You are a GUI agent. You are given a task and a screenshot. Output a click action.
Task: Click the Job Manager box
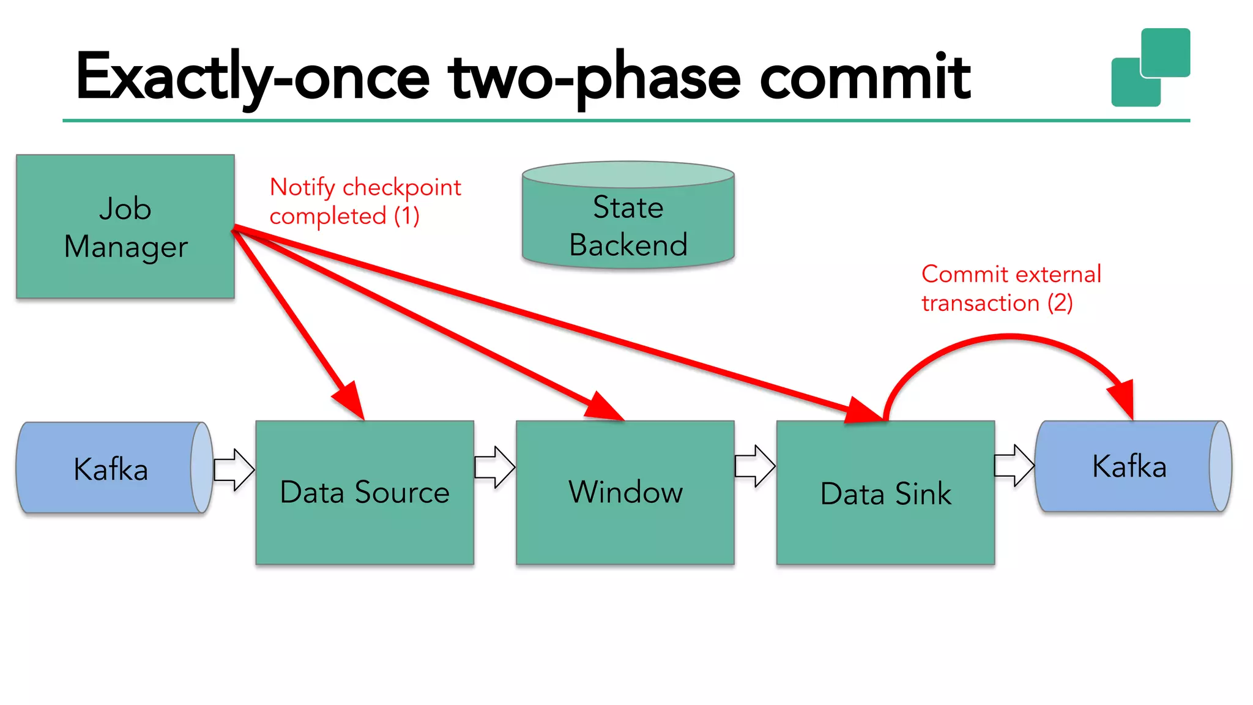[125, 226]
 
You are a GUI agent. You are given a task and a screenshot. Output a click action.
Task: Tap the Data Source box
[365, 492]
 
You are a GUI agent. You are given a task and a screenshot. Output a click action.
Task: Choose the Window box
[625, 492]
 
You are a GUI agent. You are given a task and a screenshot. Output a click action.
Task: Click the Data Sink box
[885, 493]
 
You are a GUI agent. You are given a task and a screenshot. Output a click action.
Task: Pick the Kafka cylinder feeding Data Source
[110, 469]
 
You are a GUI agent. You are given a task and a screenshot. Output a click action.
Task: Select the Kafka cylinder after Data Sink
[1129, 466]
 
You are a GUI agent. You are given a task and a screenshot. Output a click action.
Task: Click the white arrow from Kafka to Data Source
[234, 469]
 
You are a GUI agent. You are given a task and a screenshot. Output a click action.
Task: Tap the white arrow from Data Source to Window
[495, 467]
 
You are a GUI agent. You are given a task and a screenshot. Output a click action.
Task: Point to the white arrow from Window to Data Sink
[756, 466]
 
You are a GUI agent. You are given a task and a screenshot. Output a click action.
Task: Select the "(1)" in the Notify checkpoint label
[406, 216]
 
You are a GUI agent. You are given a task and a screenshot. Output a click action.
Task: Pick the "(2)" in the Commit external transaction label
[1060, 303]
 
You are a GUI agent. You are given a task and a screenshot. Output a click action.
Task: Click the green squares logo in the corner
[1150, 67]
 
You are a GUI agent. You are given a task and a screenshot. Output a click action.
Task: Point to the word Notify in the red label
[302, 187]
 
